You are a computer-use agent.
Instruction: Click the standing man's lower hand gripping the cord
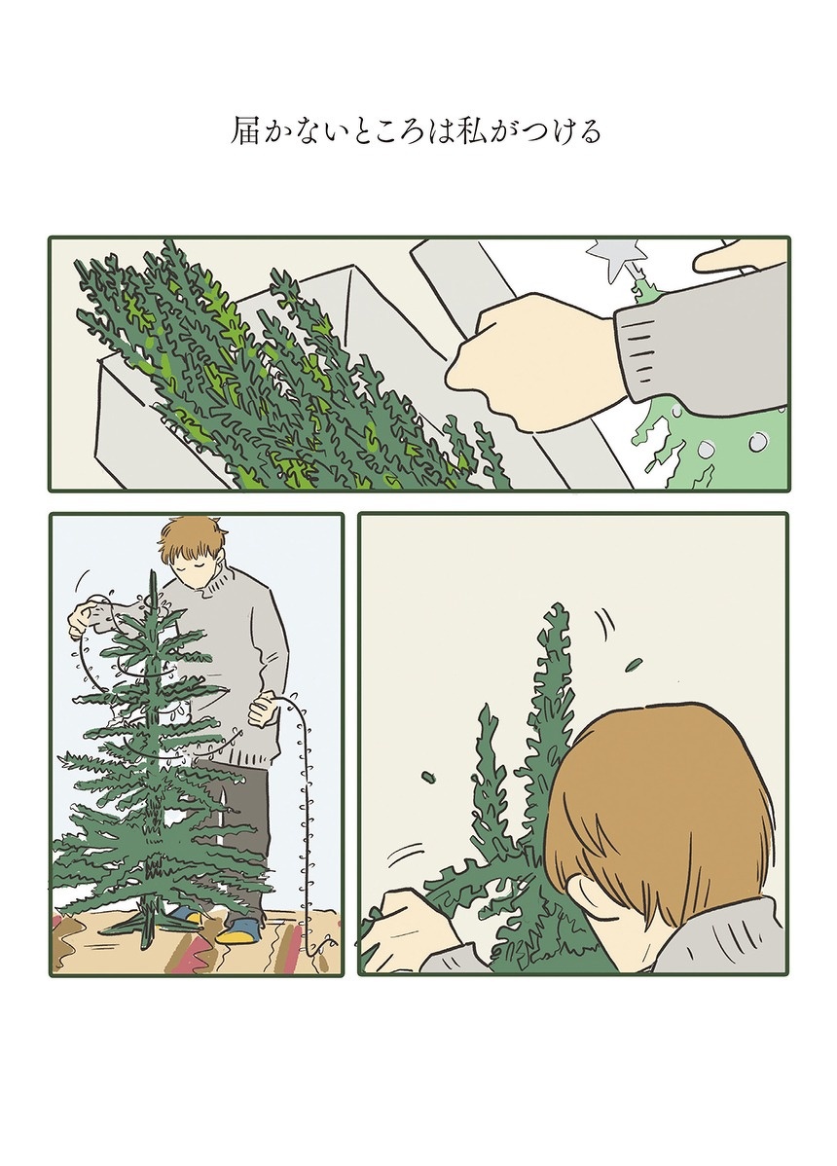264,711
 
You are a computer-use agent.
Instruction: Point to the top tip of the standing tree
153,572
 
